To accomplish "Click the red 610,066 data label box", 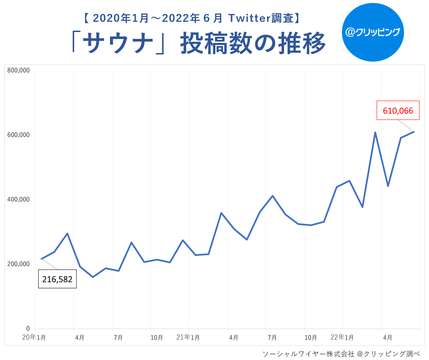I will click(398, 110).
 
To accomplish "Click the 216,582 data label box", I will click(57, 279).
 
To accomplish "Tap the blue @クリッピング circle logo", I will click(373, 32).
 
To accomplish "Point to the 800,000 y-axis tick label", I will click(18, 71).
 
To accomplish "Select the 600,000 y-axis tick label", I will click(18, 135).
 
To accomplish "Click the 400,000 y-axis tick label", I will click(18, 200).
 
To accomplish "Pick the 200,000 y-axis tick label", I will click(18, 264).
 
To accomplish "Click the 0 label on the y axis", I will click(28, 329).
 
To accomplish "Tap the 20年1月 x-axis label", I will click(34, 338).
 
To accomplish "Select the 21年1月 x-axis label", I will click(188, 338).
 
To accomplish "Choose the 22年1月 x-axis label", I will click(342, 338).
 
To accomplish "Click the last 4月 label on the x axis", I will click(387, 338).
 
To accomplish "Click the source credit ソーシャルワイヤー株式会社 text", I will click(308, 354).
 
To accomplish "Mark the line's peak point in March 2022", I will click(375, 132).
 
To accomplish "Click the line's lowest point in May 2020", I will click(93, 277).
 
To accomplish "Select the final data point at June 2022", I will click(414, 132).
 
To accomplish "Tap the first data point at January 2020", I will click(42, 259).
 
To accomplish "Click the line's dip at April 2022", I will click(388, 186).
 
